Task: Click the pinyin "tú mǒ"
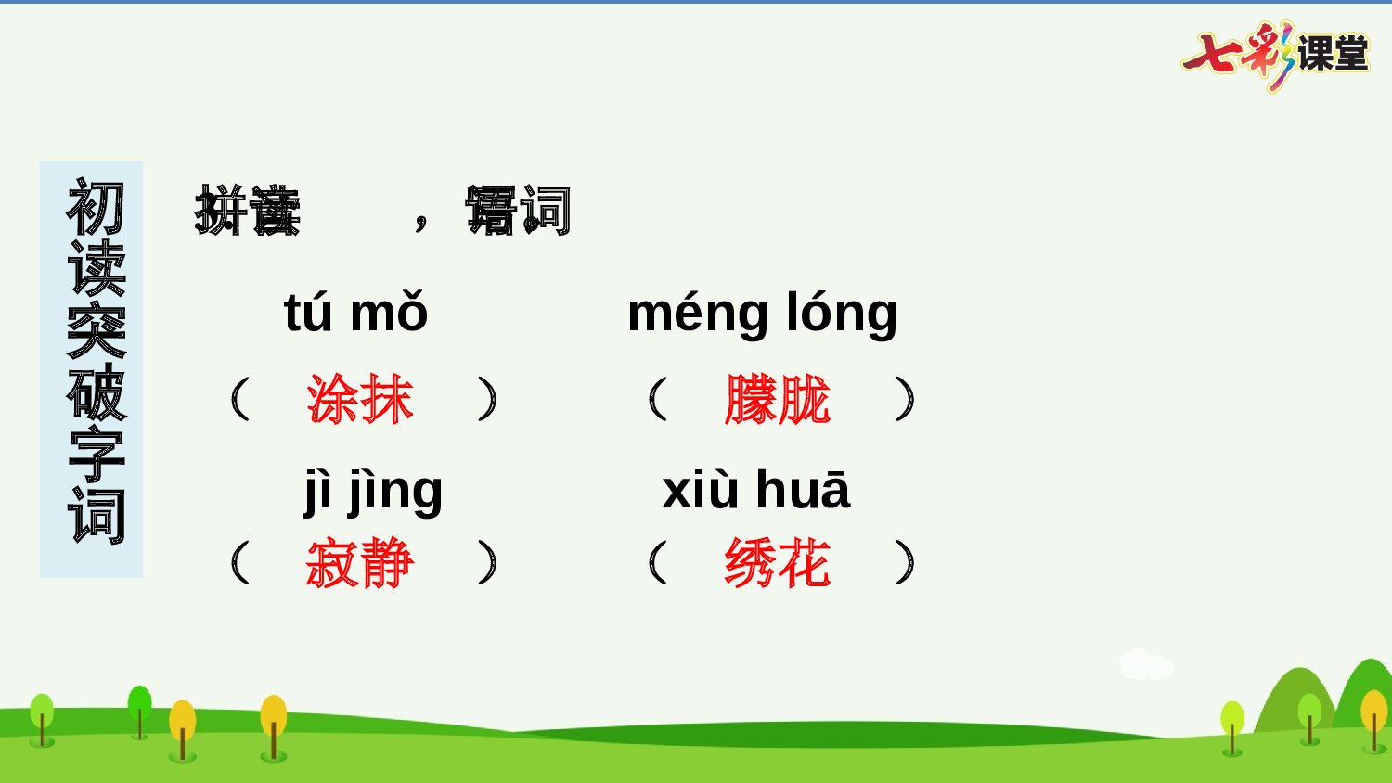click(x=355, y=313)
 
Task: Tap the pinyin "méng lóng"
click(x=762, y=314)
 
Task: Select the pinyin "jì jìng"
click(x=373, y=491)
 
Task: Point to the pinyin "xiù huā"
click(x=755, y=490)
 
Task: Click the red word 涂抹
click(x=360, y=400)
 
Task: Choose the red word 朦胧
click(x=778, y=400)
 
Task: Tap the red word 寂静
click(x=360, y=563)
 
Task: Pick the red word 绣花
click(x=778, y=563)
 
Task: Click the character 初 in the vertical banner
click(x=96, y=208)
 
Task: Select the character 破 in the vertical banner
click(x=96, y=392)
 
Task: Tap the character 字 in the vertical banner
click(x=96, y=455)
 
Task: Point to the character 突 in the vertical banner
click(x=96, y=330)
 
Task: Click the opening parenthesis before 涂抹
click(x=239, y=400)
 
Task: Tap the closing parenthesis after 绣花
click(x=906, y=563)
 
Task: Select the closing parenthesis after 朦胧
click(x=906, y=400)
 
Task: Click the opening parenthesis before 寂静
click(x=239, y=563)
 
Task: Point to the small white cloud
click(x=1145, y=664)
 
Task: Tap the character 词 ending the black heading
click(x=546, y=211)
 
